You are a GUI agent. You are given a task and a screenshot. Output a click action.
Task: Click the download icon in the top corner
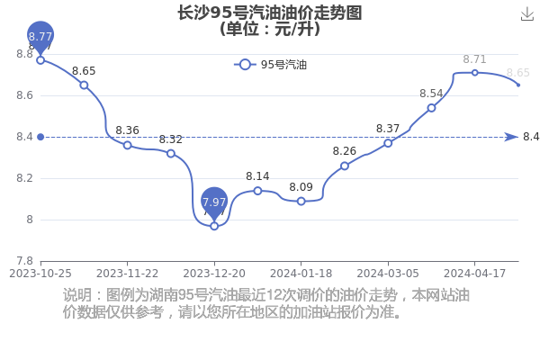coord(527,14)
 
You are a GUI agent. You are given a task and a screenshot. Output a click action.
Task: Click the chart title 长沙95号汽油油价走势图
coord(270,13)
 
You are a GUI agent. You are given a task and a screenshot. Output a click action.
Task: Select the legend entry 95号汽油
coord(270,65)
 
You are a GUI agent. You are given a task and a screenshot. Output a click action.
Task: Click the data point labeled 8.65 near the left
coord(84,85)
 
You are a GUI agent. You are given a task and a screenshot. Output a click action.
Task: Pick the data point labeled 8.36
coord(128,145)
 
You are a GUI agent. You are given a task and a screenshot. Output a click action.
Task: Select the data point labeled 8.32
coord(171,153)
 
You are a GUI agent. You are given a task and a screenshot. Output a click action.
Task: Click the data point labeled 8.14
coord(257,191)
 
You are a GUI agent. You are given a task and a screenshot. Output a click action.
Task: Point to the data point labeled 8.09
coord(301,202)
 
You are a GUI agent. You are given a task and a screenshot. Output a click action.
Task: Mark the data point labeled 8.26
coord(345,166)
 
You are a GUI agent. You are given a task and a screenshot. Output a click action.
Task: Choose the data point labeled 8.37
coord(388,143)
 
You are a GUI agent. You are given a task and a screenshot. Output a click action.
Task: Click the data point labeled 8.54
coord(431,108)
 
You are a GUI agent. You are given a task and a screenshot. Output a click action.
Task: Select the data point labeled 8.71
coord(474,73)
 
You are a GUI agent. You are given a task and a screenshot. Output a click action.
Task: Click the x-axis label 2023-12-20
coord(214,274)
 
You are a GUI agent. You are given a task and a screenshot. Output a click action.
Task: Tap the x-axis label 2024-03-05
coord(388,274)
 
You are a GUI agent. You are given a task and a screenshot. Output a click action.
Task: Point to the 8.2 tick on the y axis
coord(24,178)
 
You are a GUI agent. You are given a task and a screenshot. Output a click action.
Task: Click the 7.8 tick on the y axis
coord(24,261)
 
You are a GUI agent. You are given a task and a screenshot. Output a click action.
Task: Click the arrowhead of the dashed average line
coord(511,137)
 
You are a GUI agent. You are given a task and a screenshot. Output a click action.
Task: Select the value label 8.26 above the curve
coord(345,151)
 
